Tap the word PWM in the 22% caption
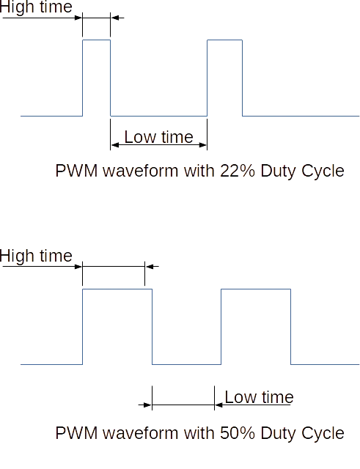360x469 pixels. point(76,171)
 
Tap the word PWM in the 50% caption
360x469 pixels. point(76,433)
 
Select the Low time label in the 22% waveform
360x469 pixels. point(158,137)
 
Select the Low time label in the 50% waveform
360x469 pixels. point(259,397)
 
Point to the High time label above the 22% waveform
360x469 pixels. point(36,7)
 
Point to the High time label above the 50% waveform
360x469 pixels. point(36,256)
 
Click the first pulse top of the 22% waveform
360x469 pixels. point(96,40)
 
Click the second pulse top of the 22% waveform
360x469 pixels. point(225,40)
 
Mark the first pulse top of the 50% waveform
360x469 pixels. point(117,289)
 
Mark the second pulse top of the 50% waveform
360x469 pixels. point(256,289)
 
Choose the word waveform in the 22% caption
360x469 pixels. point(142,171)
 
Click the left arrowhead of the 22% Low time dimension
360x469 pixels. point(115,145)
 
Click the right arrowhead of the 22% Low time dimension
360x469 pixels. point(202,145)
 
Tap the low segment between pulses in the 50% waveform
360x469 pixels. point(187,364)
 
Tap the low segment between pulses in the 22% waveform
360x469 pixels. point(158,116)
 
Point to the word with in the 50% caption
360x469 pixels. point(199,433)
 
